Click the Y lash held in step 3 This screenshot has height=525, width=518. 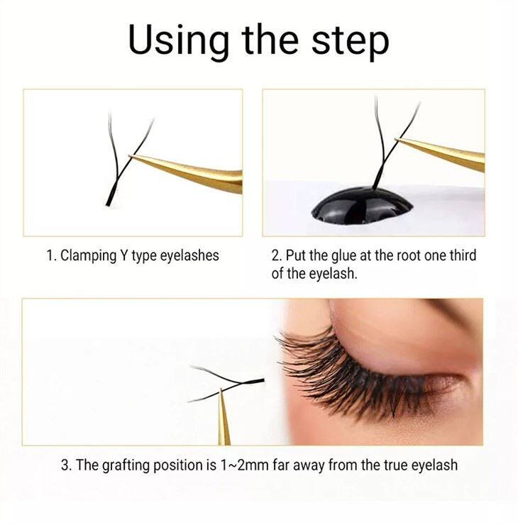(227, 383)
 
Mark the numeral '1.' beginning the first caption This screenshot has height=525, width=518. (51, 256)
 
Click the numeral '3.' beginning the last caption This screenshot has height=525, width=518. (66, 465)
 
